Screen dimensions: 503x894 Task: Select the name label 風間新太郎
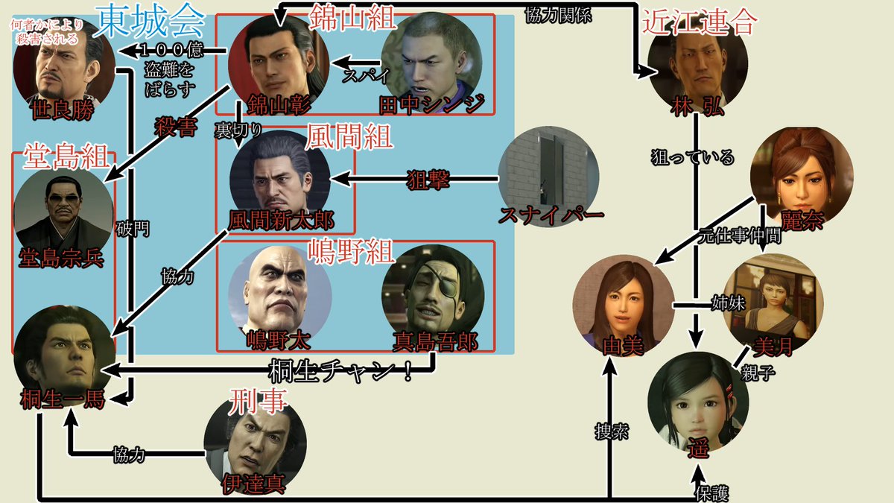pyautogui.click(x=281, y=221)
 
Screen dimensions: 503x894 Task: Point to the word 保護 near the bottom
pyautogui.click(x=712, y=493)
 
